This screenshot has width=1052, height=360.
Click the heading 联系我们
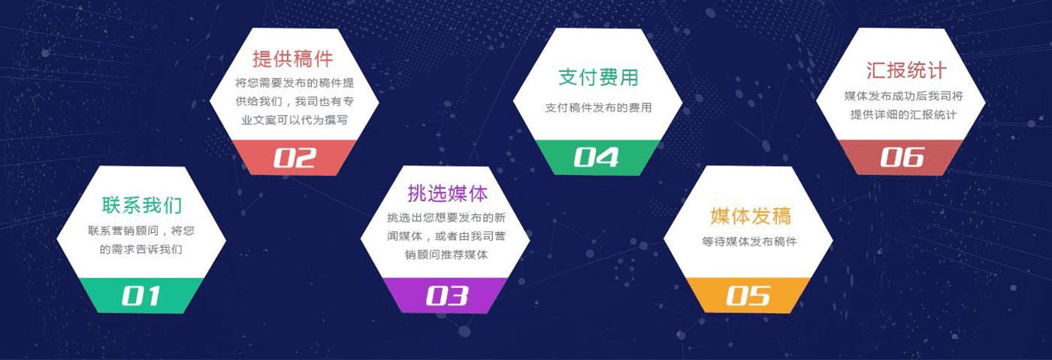point(142,205)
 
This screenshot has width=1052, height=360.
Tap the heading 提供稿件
point(293,59)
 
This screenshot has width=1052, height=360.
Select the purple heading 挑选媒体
point(448,194)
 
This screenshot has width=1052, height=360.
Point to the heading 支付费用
point(598,77)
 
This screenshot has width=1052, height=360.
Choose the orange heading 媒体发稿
point(751,216)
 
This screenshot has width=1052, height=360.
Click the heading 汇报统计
point(906,71)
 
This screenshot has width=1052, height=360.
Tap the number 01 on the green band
point(141,296)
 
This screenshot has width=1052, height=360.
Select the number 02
point(295,158)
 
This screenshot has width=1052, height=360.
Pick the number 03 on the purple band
point(447,296)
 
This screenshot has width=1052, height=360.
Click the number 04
point(597,157)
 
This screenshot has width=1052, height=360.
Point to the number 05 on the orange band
point(748,296)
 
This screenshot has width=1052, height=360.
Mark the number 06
point(902,157)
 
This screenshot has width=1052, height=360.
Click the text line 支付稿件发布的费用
point(598,107)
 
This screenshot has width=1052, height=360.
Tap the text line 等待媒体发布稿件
point(750,241)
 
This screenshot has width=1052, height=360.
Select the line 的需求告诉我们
point(141,249)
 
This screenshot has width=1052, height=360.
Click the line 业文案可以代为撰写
point(295,119)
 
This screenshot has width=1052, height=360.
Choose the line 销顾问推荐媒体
point(446,255)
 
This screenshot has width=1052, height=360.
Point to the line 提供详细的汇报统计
point(903,115)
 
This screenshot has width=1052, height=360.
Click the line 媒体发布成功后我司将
point(903,96)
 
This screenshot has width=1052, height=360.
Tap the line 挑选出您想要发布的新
point(446,218)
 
